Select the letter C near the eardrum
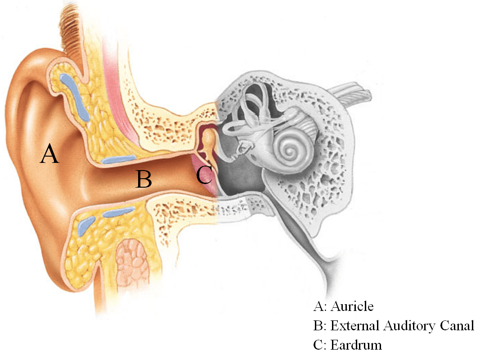click(204, 175)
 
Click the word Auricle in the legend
click(352, 306)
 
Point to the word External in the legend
click(355, 325)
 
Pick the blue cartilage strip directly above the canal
click(118, 159)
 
